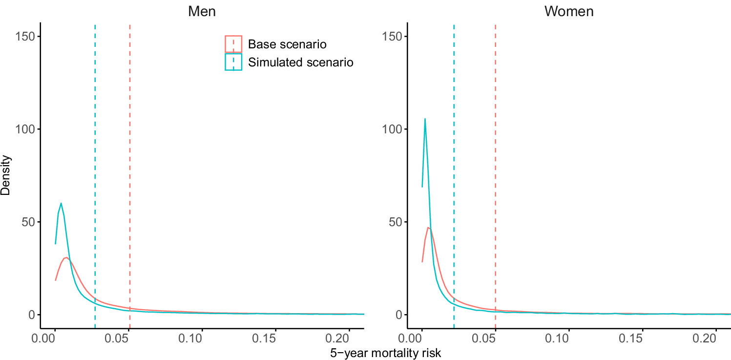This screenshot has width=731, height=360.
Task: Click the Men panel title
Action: click(x=202, y=11)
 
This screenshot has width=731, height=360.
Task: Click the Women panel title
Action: click(x=569, y=11)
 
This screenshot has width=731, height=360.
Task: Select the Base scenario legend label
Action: click(x=287, y=44)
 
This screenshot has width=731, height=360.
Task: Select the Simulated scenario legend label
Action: click(x=300, y=62)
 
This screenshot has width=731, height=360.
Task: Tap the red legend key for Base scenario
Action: click(x=233, y=44)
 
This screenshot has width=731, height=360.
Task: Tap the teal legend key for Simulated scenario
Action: click(x=233, y=62)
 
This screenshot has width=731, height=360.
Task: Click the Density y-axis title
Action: click(x=6, y=175)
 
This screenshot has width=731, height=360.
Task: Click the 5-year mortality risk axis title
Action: click(x=385, y=352)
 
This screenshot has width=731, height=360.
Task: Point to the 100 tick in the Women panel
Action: click(x=394, y=129)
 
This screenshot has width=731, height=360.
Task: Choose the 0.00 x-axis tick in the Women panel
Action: click(x=421, y=339)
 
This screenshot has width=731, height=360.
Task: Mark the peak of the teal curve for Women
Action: click(x=425, y=119)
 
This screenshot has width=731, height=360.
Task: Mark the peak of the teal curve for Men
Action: click(x=61, y=203)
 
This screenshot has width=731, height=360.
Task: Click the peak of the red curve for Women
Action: click(x=428, y=227)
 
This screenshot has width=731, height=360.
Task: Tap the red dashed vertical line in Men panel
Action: click(x=130, y=147)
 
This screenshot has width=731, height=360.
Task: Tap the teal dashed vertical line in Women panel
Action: click(x=454, y=147)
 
